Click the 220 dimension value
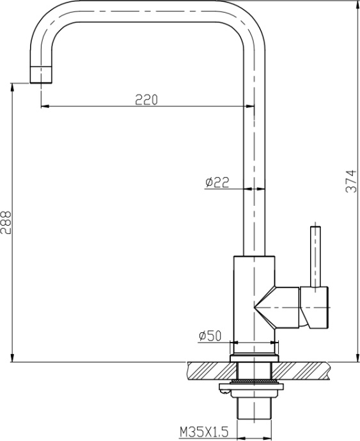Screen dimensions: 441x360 tap(146, 99)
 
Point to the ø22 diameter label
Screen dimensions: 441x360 tap(217, 183)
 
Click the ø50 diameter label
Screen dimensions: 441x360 tap(210, 336)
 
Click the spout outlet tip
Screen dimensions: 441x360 tap(41, 75)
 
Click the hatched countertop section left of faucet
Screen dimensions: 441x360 tap(208, 369)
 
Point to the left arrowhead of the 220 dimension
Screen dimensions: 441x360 tap(44, 106)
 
